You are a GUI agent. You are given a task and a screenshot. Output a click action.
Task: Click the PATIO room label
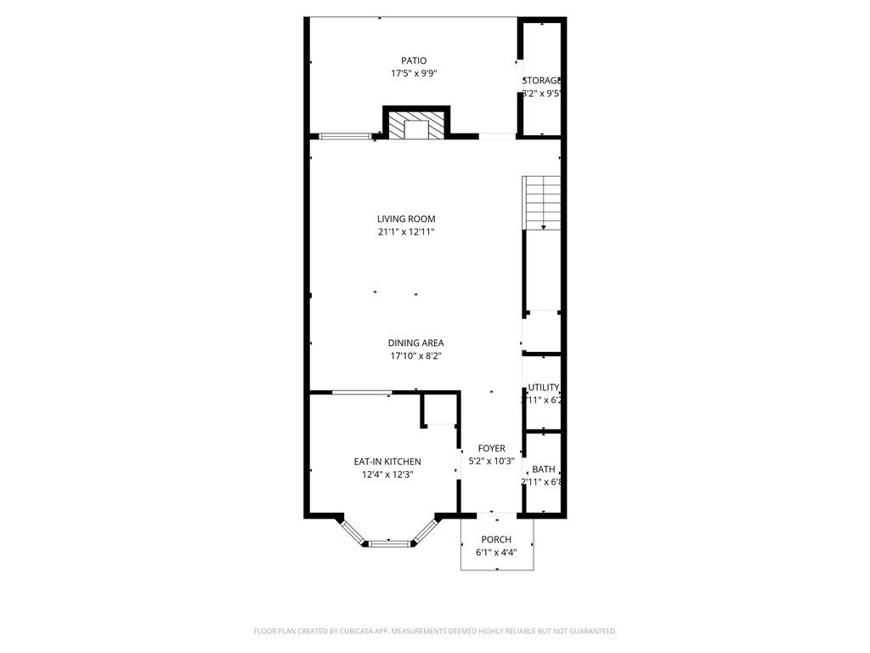[x=414, y=60]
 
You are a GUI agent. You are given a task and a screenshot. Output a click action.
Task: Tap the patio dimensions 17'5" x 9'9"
[x=414, y=73]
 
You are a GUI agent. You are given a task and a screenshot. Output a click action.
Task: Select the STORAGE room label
[x=542, y=80]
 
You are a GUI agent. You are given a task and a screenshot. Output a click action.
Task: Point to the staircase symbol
[x=542, y=202]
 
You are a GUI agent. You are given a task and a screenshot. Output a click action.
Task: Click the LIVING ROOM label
[x=406, y=219]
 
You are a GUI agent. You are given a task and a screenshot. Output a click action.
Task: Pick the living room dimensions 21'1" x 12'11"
[x=406, y=231]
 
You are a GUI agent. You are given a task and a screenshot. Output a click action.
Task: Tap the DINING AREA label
[x=415, y=343]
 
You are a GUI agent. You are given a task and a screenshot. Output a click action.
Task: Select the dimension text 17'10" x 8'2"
[x=415, y=356]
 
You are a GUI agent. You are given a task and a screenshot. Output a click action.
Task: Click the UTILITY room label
[x=543, y=388]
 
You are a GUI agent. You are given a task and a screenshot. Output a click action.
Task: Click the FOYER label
[x=491, y=448]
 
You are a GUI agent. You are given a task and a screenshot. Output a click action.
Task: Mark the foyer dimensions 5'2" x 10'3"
[x=491, y=462]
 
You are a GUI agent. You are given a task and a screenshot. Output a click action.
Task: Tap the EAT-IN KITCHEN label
[x=387, y=462]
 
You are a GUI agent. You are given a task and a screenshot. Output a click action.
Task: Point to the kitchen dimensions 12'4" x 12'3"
[x=387, y=475]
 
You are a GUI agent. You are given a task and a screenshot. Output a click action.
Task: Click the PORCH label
[x=496, y=539]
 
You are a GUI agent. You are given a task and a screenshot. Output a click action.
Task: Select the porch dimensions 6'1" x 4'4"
[x=496, y=553]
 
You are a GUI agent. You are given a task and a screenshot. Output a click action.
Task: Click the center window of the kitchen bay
[x=389, y=542]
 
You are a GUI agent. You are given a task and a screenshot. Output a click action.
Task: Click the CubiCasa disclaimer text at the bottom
[x=435, y=631]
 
